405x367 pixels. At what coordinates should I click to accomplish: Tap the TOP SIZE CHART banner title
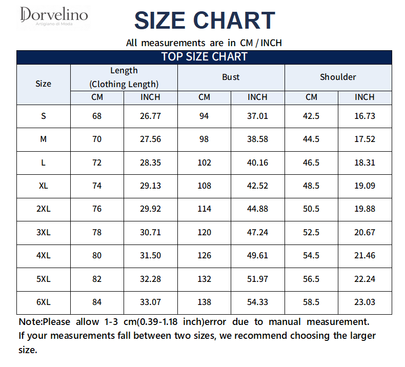(205, 56)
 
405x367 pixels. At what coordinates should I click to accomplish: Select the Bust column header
(231, 77)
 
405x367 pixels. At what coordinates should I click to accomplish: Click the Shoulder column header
(338, 77)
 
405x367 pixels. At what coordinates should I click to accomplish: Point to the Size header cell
(43, 84)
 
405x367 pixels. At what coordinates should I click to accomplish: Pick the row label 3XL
(44, 232)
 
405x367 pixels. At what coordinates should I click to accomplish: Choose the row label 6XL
(44, 302)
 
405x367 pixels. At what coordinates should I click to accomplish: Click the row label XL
(44, 186)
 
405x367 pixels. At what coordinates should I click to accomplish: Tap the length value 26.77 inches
(150, 116)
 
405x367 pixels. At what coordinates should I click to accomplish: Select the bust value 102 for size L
(205, 162)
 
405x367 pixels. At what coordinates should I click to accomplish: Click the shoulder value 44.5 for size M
(311, 139)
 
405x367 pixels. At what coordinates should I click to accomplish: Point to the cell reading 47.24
(257, 232)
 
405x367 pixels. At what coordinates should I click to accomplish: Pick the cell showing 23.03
(364, 302)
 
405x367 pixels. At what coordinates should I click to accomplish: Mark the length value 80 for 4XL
(97, 255)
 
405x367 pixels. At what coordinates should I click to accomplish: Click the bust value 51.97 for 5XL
(257, 279)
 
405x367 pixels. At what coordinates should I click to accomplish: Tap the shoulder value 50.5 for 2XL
(311, 209)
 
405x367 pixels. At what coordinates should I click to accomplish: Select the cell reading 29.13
(150, 186)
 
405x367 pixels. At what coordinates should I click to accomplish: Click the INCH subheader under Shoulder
(364, 97)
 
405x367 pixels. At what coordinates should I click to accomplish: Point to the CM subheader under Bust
(204, 97)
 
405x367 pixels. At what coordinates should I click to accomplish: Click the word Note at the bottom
(29, 322)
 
